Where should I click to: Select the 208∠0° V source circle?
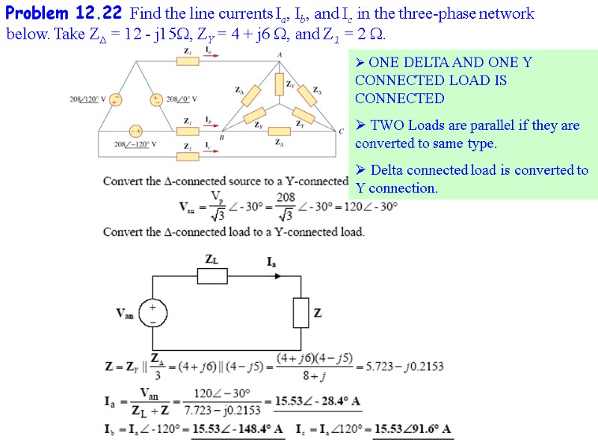[x=156, y=99]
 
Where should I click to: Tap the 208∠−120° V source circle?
[x=136, y=131]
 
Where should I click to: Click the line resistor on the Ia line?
[x=188, y=60]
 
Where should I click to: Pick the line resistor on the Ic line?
[x=188, y=155]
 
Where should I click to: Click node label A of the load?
[x=280, y=55]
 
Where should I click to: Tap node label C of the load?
[x=342, y=132]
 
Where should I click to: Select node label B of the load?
[x=222, y=137]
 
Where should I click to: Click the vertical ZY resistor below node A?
[x=279, y=84]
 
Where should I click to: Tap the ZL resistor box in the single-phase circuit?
[x=212, y=276]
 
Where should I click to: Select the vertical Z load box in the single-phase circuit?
[x=300, y=312]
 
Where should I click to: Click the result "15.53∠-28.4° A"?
[x=318, y=402]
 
